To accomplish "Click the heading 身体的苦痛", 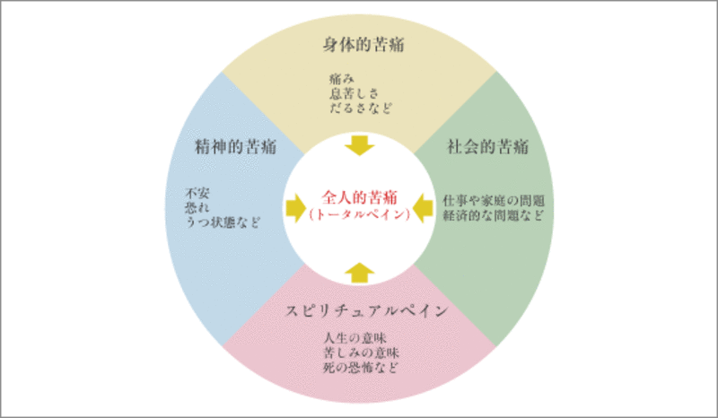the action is (359, 43).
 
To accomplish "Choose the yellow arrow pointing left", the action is (425, 208).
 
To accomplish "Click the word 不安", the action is (197, 191).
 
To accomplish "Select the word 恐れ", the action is (197, 205).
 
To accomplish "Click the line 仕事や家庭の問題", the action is (495, 199).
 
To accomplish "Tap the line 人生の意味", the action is (353, 338).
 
